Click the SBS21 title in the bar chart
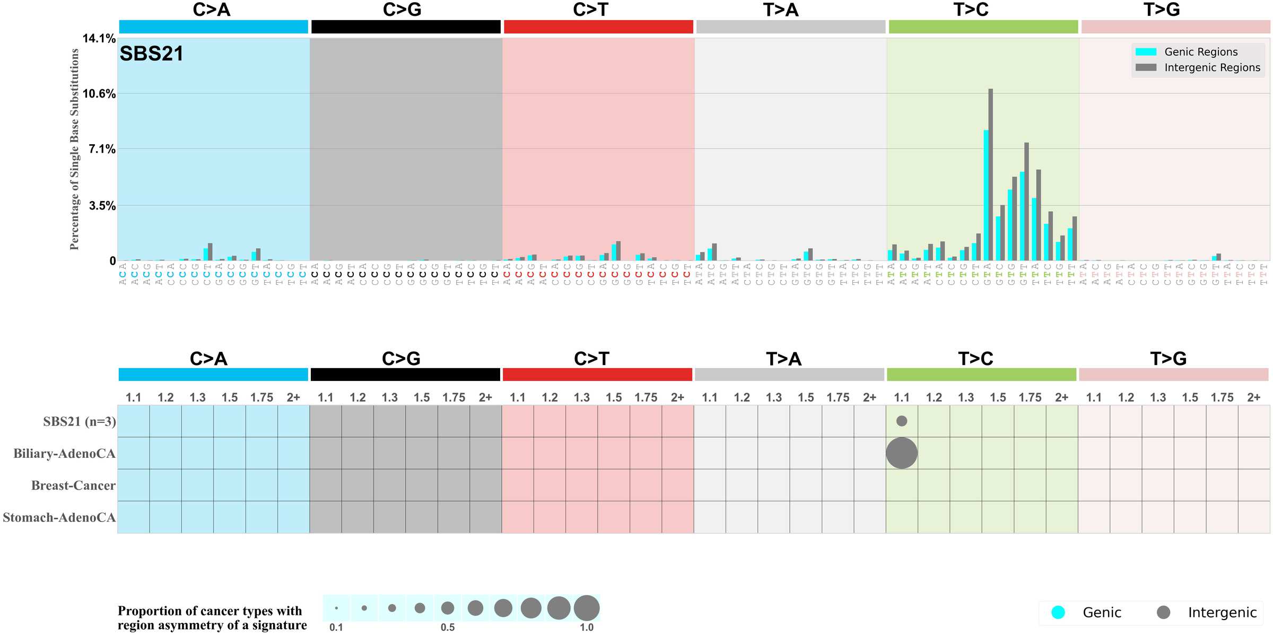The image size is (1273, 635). [151, 54]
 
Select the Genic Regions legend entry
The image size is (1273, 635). [1200, 52]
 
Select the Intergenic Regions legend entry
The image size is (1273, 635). [1211, 67]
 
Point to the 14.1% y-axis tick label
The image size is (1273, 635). [99, 38]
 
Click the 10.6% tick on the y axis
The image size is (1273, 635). [99, 94]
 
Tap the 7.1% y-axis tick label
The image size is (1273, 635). [102, 149]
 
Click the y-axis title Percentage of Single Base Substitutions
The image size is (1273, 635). [74, 149]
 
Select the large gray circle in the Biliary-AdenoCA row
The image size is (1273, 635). [901, 453]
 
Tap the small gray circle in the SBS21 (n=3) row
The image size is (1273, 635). [901, 421]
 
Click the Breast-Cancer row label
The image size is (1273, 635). [73, 485]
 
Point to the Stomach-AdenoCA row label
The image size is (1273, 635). [59, 517]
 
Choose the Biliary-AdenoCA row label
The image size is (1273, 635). [64, 454]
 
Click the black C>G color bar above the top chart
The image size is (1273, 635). [406, 27]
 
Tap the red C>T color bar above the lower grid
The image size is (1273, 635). [597, 375]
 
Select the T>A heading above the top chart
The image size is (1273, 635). [781, 10]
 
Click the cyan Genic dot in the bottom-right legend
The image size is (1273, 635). [1058, 612]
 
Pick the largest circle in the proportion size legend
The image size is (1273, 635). [586, 608]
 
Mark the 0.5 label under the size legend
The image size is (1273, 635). [448, 627]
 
